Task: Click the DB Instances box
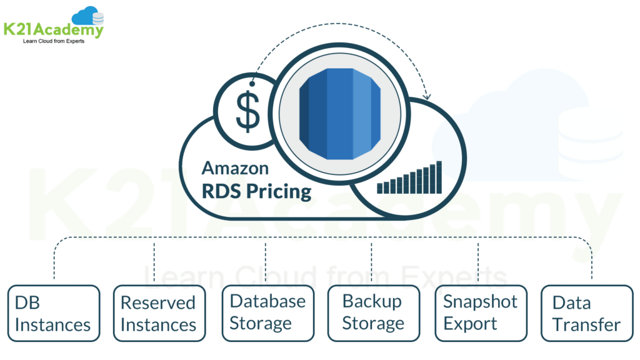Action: pyautogui.click(x=53, y=314)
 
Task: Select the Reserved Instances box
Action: pyautogui.click(x=159, y=314)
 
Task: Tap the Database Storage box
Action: pyautogui.click(x=267, y=312)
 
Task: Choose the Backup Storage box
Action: pyautogui.click(x=374, y=312)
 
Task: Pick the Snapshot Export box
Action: pyautogui.click(x=480, y=312)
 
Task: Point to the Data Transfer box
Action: pyautogui.click(x=586, y=314)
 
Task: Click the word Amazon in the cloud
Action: pyautogui.click(x=235, y=168)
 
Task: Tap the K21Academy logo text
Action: pyautogui.click(x=53, y=29)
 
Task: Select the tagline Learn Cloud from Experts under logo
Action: pyautogui.click(x=53, y=41)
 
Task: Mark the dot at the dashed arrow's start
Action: pyautogui.click(x=252, y=83)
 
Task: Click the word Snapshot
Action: pyautogui.click(x=480, y=301)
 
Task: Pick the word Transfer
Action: pyautogui.click(x=586, y=325)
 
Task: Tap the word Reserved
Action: pyautogui.click(x=158, y=302)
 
